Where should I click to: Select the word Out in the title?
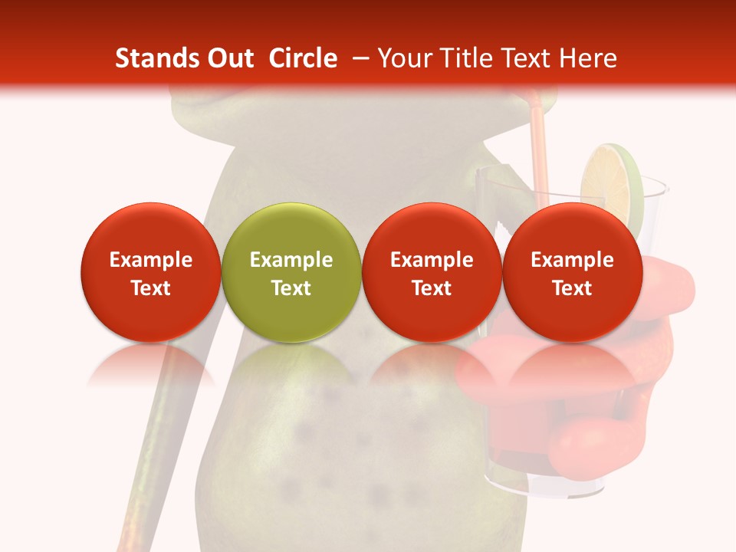coord(228,58)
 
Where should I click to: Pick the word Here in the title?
coord(589,58)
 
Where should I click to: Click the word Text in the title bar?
coord(528,58)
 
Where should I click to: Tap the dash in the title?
coord(359,58)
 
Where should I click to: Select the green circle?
coord(291,272)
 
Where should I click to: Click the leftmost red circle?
coord(151,272)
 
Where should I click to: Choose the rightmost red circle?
coord(572,272)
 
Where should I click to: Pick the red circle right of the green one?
coord(432,272)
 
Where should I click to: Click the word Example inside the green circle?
coord(291,260)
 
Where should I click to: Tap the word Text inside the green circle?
coord(291,288)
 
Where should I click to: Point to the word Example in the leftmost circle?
coord(151,260)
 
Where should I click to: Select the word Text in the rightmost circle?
coord(572,288)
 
